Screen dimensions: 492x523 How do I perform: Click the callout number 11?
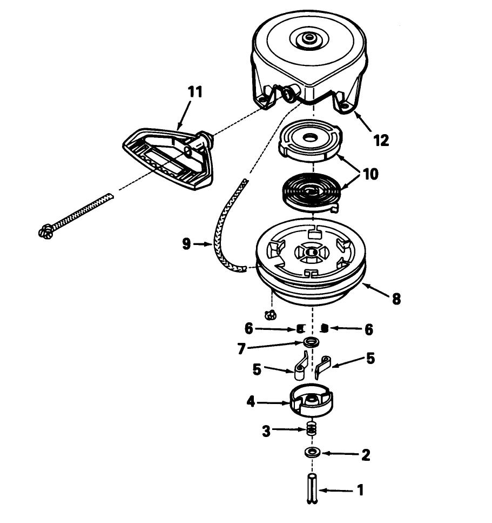coord(195,92)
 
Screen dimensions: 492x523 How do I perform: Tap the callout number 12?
coord(381,141)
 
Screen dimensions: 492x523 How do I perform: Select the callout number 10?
coord(370,174)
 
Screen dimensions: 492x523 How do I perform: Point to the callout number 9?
coord(186,244)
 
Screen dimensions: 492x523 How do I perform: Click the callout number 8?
coord(396,299)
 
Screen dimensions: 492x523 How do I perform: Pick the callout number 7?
coord(241,349)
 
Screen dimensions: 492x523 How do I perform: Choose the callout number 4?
coord(251,402)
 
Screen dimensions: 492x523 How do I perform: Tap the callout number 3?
coord(266,431)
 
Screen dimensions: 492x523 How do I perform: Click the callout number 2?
coord(366,454)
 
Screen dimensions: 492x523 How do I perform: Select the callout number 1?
coord(360,491)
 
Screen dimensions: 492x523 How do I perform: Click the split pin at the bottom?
coord(312,488)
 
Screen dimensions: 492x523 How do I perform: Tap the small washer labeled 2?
coord(312,452)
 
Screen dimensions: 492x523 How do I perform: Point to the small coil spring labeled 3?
coord(311,428)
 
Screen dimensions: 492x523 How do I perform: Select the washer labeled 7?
coord(311,342)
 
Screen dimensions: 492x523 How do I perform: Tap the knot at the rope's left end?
coord(46,232)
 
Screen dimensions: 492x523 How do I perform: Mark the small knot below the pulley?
coord(271,315)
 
